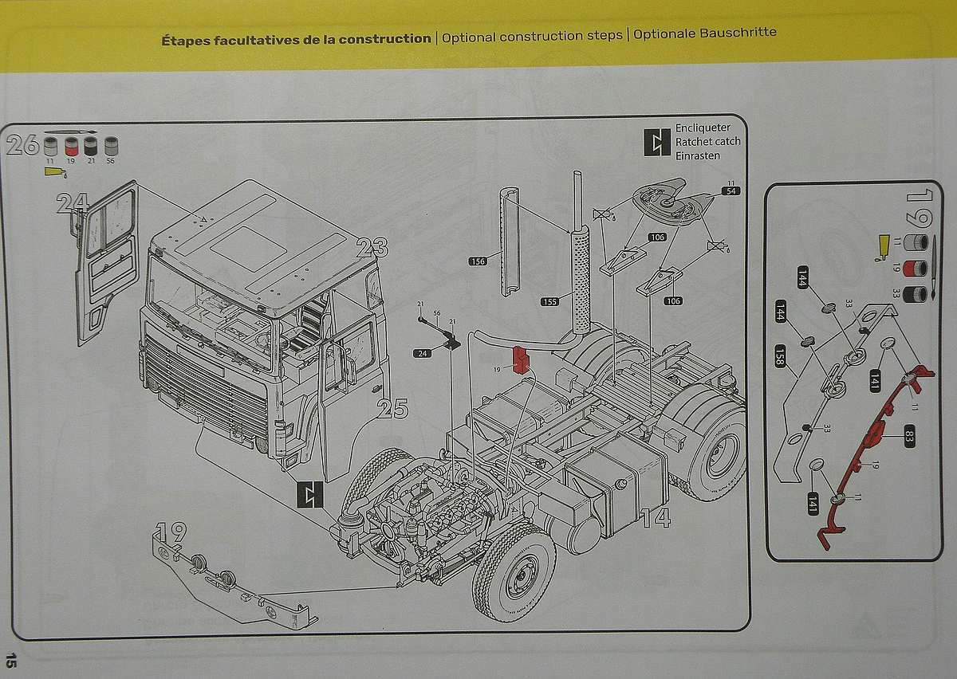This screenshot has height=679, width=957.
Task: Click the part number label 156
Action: [x=478, y=261]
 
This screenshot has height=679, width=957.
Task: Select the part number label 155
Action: [x=549, y=301]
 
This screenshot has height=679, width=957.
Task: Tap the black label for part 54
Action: [x=730, y=191]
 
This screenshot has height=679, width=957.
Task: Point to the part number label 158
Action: [x=780, y=356]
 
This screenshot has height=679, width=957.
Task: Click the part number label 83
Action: [x=908, y=435]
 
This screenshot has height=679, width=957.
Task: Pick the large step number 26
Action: [x=22, y=145]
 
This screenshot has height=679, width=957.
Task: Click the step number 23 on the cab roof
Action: [x=372, y=248]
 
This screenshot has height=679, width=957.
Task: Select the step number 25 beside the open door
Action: [x=392, y=409]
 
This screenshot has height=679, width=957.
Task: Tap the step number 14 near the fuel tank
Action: [x=655, y=518]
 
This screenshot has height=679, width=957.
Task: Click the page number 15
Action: [x=11, y=660]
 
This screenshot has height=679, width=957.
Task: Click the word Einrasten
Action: [x=697, y=155]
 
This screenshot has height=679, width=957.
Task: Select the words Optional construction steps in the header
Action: [x=532, y=36]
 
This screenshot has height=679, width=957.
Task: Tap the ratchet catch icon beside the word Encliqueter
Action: [x=657, y=142]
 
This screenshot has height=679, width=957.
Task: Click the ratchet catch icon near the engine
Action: [x=309, y=495]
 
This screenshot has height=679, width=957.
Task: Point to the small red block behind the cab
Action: [x=522, y=359]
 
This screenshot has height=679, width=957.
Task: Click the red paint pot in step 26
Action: [x=71, y=146]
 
